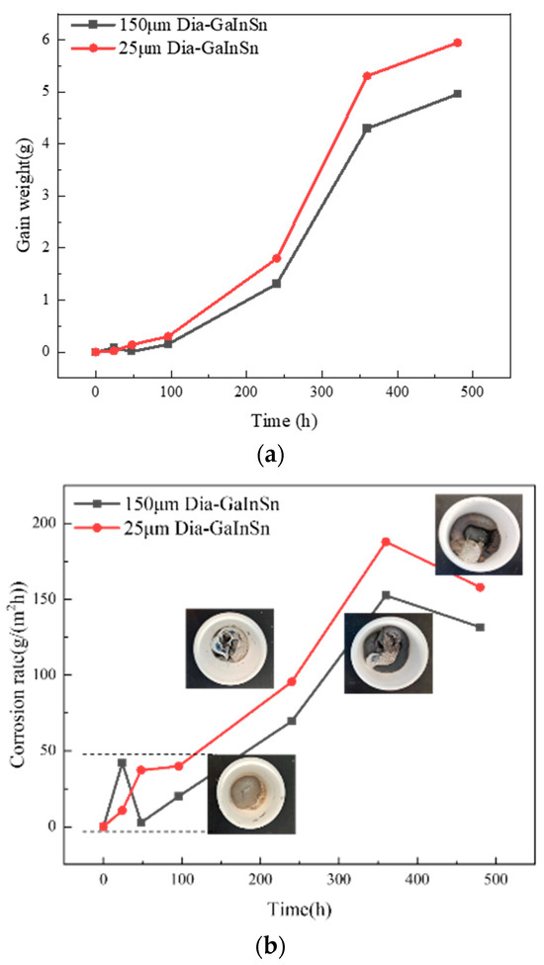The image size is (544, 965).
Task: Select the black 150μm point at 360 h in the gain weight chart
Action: point(367,128)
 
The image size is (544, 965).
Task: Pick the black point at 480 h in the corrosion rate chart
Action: point(480,627)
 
